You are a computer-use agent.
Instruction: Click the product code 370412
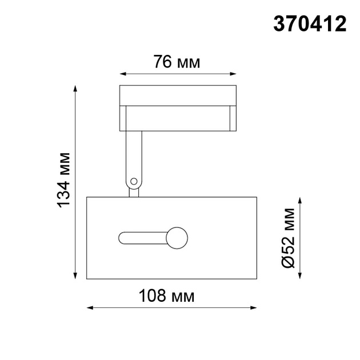(310, 23)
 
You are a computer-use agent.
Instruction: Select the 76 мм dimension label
(177, 62)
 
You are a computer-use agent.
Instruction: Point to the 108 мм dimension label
(167, 296)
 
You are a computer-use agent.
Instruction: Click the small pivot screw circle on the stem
(134, 182)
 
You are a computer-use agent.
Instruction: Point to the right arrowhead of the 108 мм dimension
(253, 308)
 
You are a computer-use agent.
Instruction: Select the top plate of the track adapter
(178, 95)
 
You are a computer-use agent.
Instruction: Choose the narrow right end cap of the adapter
(232, 119)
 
